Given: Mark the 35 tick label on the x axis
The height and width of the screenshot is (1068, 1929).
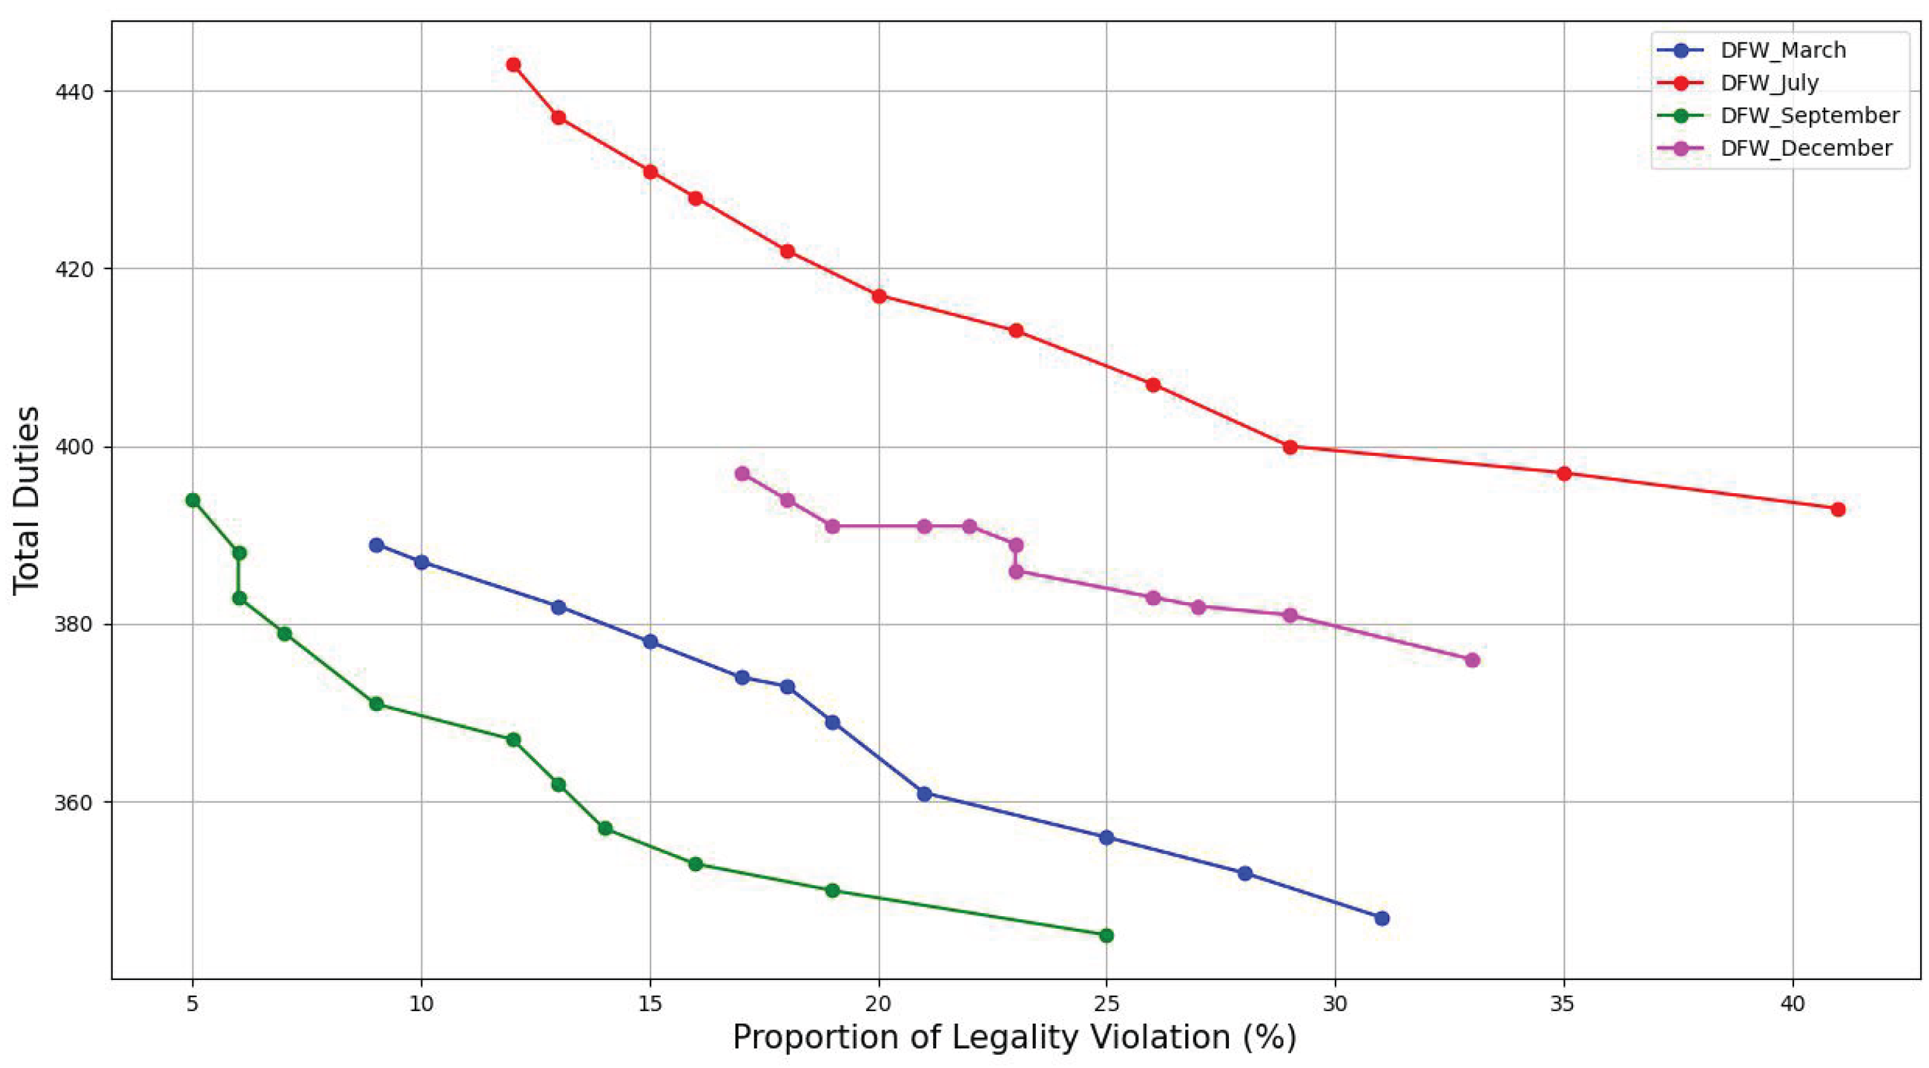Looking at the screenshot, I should click(x=1563, y=1003).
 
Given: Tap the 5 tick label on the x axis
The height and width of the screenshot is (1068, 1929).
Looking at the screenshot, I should click(x=193, y=1003).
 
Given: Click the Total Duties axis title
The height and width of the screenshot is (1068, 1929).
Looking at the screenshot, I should click(x=27, y=501).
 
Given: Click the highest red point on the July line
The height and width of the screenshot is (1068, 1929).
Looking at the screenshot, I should click(x=513, y=65).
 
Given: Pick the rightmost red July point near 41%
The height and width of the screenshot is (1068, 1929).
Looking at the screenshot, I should click(x=1838, y=510).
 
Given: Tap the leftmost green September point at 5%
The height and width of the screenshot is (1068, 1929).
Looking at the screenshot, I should click(x=193, y=500).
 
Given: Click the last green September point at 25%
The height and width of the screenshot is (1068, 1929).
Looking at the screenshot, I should click(x=1106, y=936).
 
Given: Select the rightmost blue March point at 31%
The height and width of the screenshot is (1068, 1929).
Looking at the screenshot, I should click(x=1382, y=919).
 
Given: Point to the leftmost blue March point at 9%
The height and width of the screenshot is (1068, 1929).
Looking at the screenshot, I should click(x=377, y=545).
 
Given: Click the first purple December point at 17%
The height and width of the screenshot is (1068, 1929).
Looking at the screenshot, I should click(x=742, y=474).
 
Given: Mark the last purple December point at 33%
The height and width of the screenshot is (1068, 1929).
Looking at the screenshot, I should click(x=1472, y=660).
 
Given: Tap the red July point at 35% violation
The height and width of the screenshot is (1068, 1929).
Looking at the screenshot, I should click(x=1563, y=474).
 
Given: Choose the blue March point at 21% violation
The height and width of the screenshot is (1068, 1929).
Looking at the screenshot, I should click(x=924, y=794).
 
